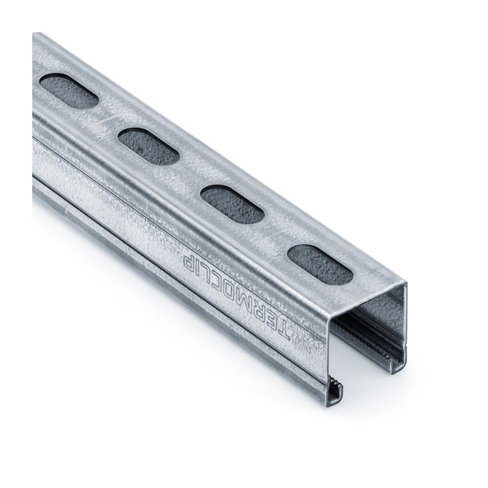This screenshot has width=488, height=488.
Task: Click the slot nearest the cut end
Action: click(319, 264)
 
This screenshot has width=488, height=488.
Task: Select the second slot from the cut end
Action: click(232, 204)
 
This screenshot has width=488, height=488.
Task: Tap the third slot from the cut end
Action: click(148, 146)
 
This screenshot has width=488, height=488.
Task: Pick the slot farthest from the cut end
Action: click(68, 90)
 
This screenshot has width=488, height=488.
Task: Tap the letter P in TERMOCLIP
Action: click(185, 257)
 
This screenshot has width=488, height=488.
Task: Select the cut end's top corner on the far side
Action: click(405, 284)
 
